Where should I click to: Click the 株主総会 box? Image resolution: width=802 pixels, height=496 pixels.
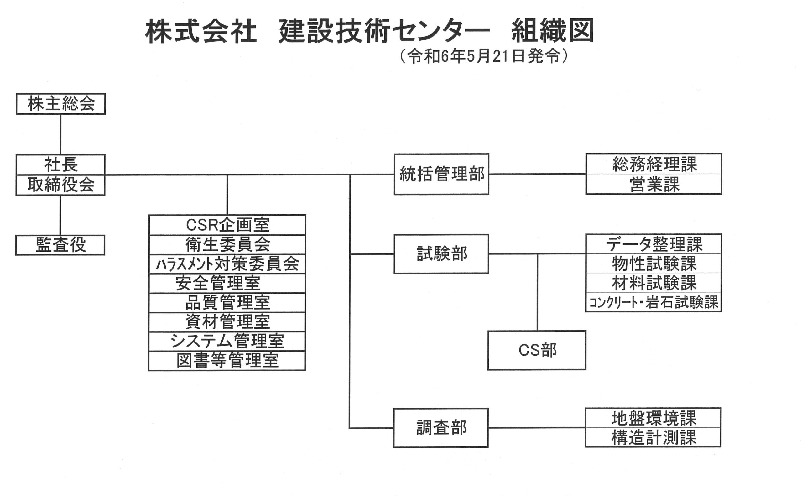click(x=61, y=104)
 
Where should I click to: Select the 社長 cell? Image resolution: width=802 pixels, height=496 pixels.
click(x=61, y=165)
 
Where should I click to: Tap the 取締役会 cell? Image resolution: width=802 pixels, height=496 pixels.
click(x=61, y=185)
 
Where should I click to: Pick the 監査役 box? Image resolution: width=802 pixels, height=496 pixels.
click(x=60, y=245)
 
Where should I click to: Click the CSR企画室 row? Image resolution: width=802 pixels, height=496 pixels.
click(x=227, y=225)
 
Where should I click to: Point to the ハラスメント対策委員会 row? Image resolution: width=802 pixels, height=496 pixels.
click(x=227, y=264)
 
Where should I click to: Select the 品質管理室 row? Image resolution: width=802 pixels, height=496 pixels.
click(x=227, y=303)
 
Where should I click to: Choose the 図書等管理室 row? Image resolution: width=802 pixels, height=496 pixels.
click(x=227, y=361)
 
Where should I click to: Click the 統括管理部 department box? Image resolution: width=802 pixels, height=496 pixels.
click(x=441, y=174)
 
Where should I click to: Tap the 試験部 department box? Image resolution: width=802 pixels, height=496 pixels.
click(x=441, y=254)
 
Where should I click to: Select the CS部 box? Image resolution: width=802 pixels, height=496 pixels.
click(x=537, y=350)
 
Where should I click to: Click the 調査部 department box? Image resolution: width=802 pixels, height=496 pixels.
click(x=441, y=428)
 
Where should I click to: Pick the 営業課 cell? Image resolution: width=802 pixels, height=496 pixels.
click(x=654, y=184)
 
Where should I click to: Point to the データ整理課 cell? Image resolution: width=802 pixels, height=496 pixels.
click(x=654, y=244)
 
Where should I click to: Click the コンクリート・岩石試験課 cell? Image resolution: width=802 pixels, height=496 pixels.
click(x=654, y=302)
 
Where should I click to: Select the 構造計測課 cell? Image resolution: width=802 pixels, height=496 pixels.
click(x=654, y=437)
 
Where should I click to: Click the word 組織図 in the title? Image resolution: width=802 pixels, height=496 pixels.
click(x=553, y=31)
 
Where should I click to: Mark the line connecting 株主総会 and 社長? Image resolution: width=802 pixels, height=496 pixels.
click(x=60, y=134)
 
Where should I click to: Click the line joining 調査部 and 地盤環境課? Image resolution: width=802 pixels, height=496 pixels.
click(x=537, y=428)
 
